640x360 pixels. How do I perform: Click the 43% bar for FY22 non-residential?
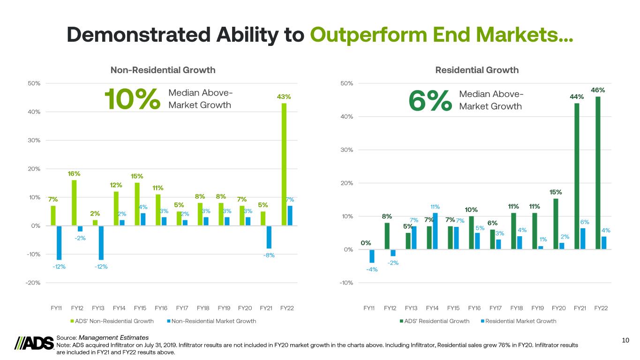coord(284,164)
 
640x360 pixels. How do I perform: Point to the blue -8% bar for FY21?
coord(269,237)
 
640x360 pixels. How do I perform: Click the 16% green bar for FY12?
coord(74,202)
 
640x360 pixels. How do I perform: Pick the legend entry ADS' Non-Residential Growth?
coord(112,321)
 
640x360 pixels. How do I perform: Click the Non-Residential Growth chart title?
coord(163,70)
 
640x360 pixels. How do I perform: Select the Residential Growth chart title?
coord(477,70)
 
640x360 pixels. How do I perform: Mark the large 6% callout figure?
coord(430,100)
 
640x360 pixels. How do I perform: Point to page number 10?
coord(625,340)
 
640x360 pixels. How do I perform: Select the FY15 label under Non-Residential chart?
coord(140,308)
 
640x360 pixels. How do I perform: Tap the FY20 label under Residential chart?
coord(558,308)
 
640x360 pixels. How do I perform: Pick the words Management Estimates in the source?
coord(114,337)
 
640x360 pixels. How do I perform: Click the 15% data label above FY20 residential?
coord(556,192)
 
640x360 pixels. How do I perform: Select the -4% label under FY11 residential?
coord(372,269)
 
